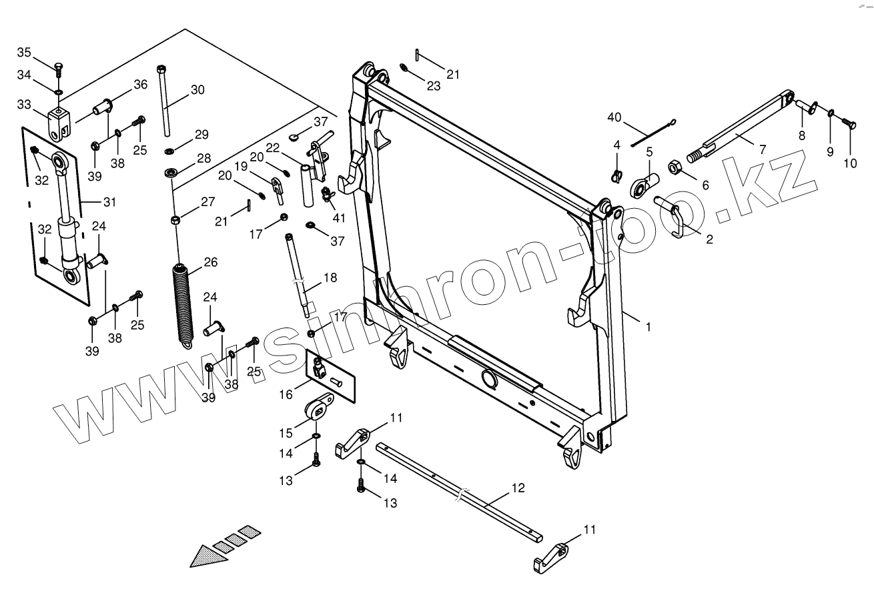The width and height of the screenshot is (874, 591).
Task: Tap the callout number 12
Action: [518, 488]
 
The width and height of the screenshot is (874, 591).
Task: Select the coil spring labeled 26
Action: [181, 302]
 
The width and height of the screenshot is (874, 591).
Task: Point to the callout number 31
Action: [109, 201]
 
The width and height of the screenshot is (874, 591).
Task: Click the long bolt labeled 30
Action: [163, 100]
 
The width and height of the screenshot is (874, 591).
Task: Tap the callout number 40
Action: [614, 118]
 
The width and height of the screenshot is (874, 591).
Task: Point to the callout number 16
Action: [286, 395]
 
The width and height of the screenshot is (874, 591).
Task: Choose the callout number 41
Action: [340, 217]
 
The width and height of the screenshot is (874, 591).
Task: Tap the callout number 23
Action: [434, 86]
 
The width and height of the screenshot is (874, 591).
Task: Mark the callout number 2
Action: [709, 239]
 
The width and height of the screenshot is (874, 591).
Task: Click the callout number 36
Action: [140, 85]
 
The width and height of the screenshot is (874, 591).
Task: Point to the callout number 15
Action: [286, 434]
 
